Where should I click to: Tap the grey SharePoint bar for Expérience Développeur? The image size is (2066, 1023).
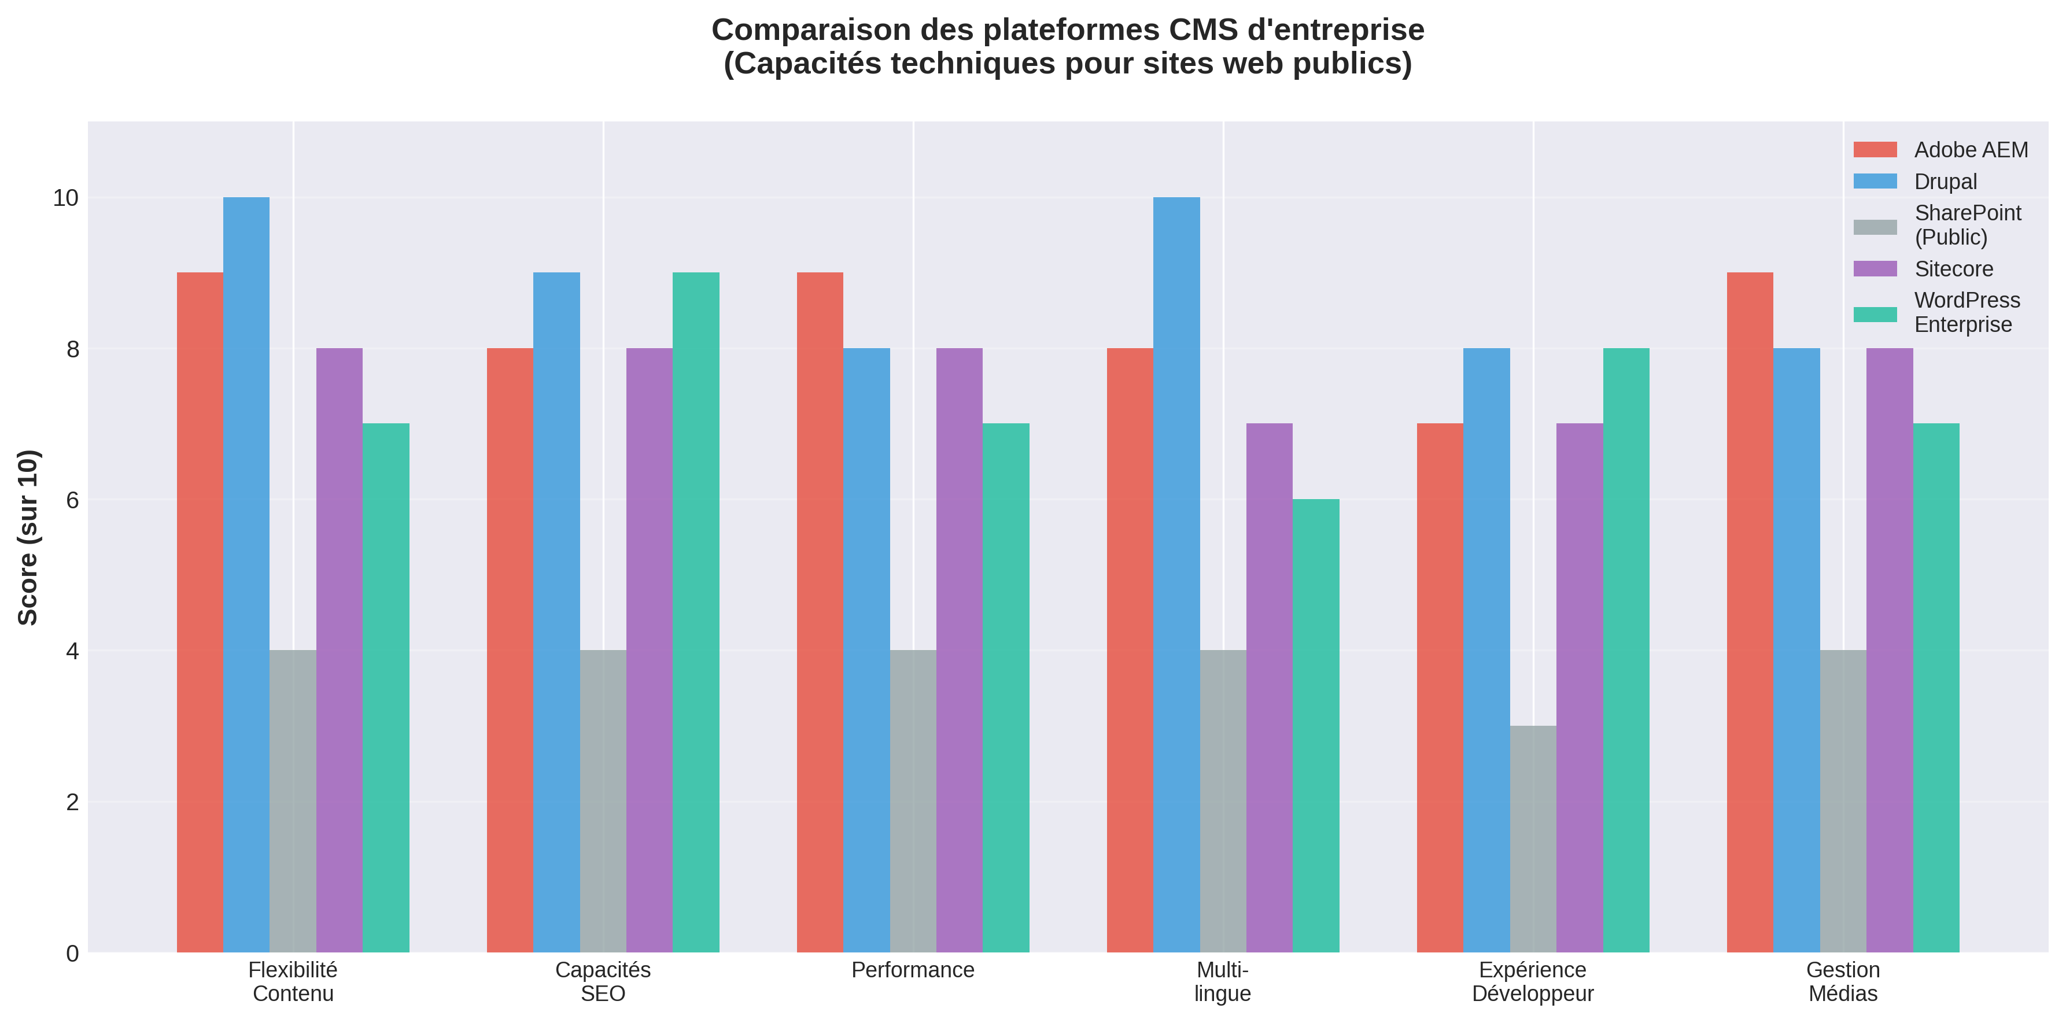point(1533,839)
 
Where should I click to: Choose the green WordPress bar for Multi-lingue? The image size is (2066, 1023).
point(1315,726)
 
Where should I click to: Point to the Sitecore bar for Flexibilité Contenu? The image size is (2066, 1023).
point(340,649)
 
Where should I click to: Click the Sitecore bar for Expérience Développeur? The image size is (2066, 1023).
point(1579,687)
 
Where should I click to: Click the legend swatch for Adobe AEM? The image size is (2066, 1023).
point(1875,150)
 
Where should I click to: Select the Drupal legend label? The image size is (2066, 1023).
point(1945,182)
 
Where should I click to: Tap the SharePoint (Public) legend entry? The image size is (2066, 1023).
point(1967,226)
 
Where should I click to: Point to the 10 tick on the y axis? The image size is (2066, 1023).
point(66,198)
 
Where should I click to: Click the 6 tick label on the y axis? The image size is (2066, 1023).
point(72,500)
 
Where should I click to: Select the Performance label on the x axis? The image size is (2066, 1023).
point(913,970)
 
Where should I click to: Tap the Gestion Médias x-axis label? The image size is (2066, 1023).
point(1842,982)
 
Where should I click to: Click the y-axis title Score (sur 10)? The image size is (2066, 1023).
point(29,537)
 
